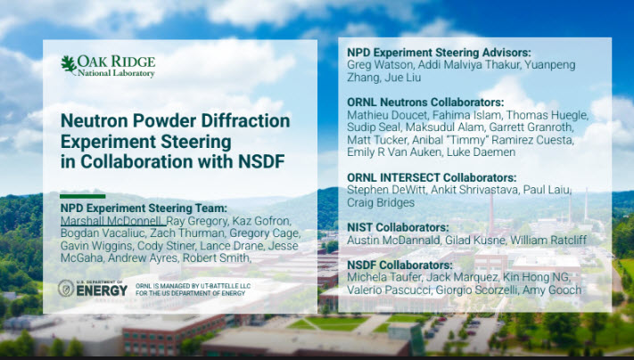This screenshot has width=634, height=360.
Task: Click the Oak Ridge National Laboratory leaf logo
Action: (69, 65)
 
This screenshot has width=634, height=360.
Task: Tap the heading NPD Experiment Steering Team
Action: (144, 209)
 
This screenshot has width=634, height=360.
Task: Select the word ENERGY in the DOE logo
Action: (102, 290)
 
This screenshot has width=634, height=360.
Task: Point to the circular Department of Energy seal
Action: (66, 288)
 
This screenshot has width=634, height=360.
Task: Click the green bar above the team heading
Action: (83, 196)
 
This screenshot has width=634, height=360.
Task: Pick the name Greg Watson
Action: (379, 65)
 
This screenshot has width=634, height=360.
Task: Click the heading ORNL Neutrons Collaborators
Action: (425, 102)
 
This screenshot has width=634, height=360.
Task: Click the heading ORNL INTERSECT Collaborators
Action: (432, 178)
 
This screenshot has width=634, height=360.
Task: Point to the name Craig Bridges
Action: (381, 203)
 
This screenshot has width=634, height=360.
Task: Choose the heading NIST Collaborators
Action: (398, 227)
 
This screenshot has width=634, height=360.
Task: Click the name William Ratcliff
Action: (548, 241)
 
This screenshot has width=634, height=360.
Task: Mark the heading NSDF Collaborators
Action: (399, 265)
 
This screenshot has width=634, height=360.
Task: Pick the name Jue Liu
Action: (403, 78)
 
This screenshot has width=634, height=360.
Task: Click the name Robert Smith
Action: (216, 258)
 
